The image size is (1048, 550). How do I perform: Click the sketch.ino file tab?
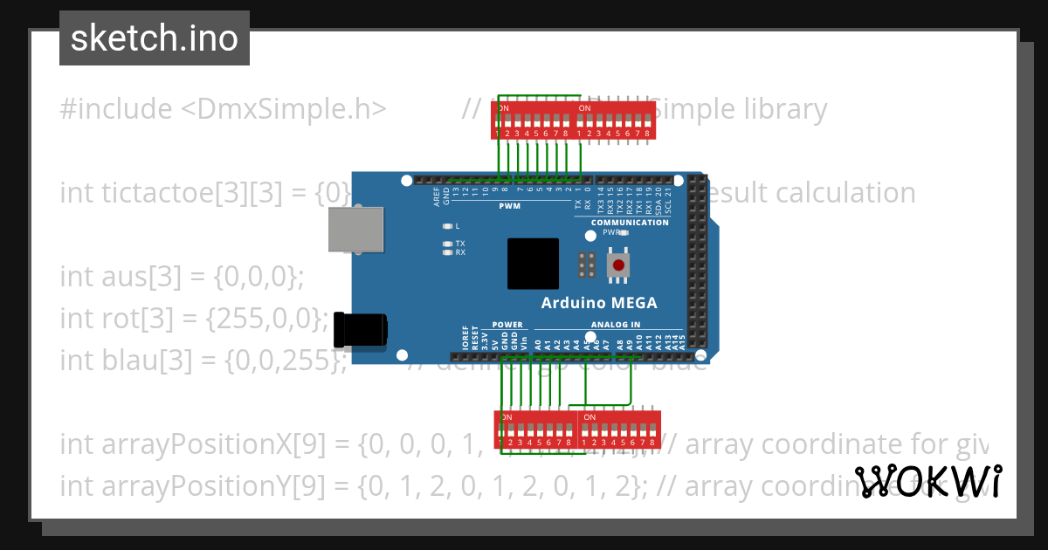[154, 38]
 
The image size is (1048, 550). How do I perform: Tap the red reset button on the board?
[618, 265]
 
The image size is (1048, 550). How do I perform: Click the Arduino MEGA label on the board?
[599, 303]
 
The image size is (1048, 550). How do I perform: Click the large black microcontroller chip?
[533, 264]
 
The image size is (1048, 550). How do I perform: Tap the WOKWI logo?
[928, 481]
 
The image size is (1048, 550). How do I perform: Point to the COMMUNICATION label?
[629, 223]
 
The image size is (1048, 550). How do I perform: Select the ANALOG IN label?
[617, 325]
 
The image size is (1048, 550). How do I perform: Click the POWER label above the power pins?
[507, 325]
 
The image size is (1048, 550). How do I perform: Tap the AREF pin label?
[437, 196]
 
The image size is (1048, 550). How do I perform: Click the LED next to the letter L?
[447, 225]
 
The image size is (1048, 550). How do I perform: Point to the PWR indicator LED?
[625, 233]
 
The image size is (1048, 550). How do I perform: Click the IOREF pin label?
[465, 338]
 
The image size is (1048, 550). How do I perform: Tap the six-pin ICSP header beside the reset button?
[587, 264]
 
